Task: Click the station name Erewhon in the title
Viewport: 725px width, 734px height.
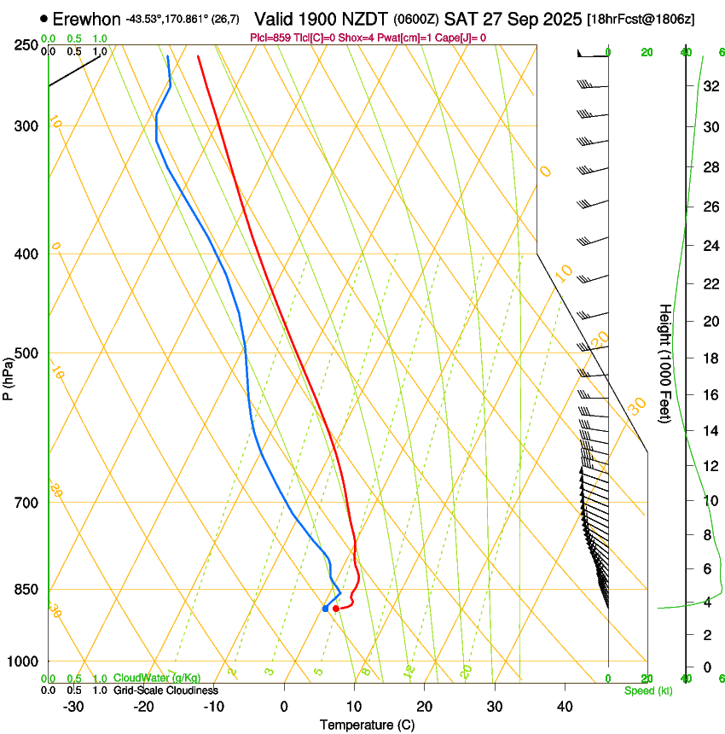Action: point(86,19)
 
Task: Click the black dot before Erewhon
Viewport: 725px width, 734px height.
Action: point(43,18)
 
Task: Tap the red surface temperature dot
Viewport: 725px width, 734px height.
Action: point(336,609)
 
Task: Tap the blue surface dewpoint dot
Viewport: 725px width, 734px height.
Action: point(325,609)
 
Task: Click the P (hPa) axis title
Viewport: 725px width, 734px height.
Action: point(9,379)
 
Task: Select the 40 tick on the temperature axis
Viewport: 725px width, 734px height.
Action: point(565,707)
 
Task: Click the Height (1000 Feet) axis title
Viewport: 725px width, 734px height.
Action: point(665,363)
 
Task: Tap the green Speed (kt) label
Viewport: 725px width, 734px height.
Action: point(647,690)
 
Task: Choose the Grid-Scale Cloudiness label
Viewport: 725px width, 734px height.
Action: point(165,690)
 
